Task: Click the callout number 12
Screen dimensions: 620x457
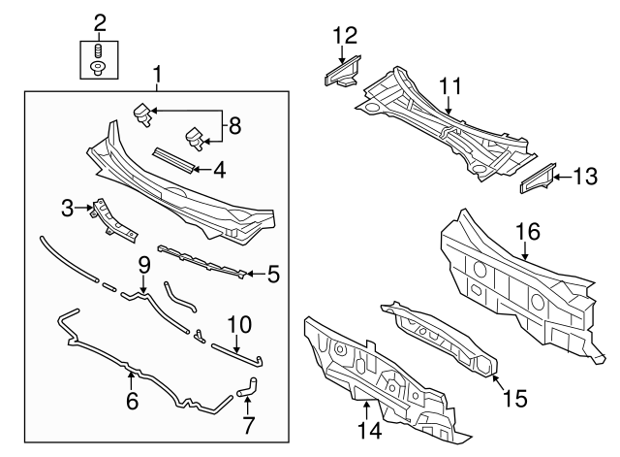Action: (x=345, y=35)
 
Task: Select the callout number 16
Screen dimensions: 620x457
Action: (x=528, y=231)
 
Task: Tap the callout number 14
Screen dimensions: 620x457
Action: (x=370, y=430)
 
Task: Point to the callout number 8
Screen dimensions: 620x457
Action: (x=234, y=126)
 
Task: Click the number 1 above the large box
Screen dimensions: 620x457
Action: (x=157, y=76)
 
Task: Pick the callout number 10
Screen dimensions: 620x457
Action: (x=239, y=324)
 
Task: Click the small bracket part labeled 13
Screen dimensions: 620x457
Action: (x=538, y=179)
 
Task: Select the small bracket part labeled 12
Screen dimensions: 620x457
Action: (x=342, y=71)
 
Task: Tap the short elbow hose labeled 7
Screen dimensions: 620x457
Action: (x=248, y=387)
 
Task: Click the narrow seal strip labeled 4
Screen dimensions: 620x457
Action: (x=173, y=160)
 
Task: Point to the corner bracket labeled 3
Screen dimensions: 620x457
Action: (x=114, y=220)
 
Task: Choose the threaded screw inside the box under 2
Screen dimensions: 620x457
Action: (x=99, y=50)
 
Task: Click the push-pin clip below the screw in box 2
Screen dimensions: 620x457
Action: (x=97, y=68)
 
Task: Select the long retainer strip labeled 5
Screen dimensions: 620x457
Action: (x=202, y=261)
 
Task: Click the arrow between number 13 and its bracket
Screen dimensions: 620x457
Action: (x=562, y=177)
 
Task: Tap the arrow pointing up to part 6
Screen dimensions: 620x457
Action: (x=131, y=379)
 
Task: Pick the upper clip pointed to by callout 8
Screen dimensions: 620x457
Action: (x=142, y=114)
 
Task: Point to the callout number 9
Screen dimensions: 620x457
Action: (x=144, y=266)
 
